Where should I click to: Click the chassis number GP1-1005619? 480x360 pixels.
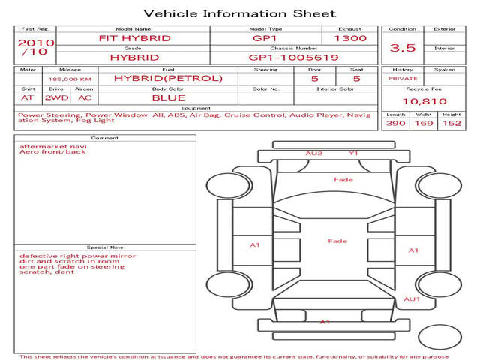pyautogui.click(x=293, y=58)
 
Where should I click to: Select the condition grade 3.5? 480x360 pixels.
pyautogui.click(x=403, y=48)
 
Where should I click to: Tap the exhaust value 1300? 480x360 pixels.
pyautogui.click(x=350, y=38)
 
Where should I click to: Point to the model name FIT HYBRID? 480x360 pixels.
pyautogui.click(x=135, y=38)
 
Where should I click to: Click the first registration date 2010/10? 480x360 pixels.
pyautogui.click(x=36, y=47)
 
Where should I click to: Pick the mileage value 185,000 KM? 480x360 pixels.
pyautogui.click(x=70, y=79)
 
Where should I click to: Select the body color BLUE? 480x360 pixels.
pyautogui.click(x=168, y=97)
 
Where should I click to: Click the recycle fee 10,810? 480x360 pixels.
pyautogui.click(x=424, y=101)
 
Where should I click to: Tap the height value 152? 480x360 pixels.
pyautogui.click(x=451, y=123)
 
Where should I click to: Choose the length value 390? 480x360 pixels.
pyautogui.click(x=395, y=123)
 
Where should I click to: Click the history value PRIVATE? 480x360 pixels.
pyautogui.click(x=403, y=79)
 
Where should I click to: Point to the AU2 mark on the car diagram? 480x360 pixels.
pyautogui.click(x=313, y=153)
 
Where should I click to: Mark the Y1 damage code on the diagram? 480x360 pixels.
pyautogui.click(x=353, y=153)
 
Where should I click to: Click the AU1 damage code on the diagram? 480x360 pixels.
pyautogui.click(x=412, y=298)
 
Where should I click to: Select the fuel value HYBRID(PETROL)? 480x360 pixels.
pyautogui.click(x=168, y=78)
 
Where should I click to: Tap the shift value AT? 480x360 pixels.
pyautogui.click(x=27, y=97)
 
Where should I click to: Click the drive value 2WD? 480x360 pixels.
pyautogui.click(x=57, y=97)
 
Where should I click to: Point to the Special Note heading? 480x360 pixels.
pyautogui.click(x=105, y=247)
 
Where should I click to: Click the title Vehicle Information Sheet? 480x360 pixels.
pyautogui.click(x=240, y=13)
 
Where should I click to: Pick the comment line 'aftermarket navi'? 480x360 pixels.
pyautogui.click(x=53, y=147)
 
